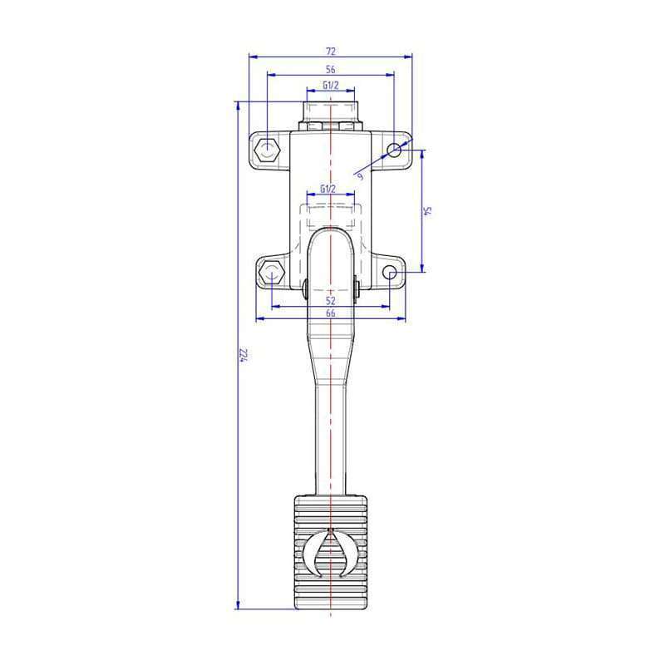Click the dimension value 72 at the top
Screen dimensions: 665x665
point(330,52)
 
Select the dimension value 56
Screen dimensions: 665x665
point(330,69)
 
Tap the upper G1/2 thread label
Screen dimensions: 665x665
point(330,86)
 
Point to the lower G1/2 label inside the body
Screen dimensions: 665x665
point(328,190)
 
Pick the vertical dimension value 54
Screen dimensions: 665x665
point(429,210)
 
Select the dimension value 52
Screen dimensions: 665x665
point(330,300)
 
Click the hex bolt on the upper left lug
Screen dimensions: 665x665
point(267,150)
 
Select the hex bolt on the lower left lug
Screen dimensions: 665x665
point(270,273)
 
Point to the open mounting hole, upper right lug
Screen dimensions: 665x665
point(394,150)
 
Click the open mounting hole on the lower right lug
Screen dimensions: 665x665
point(390,272)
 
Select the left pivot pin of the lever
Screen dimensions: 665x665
point(306,288)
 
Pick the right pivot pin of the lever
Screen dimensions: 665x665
point(357,288)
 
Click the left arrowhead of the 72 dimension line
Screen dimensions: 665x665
point(253,57)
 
